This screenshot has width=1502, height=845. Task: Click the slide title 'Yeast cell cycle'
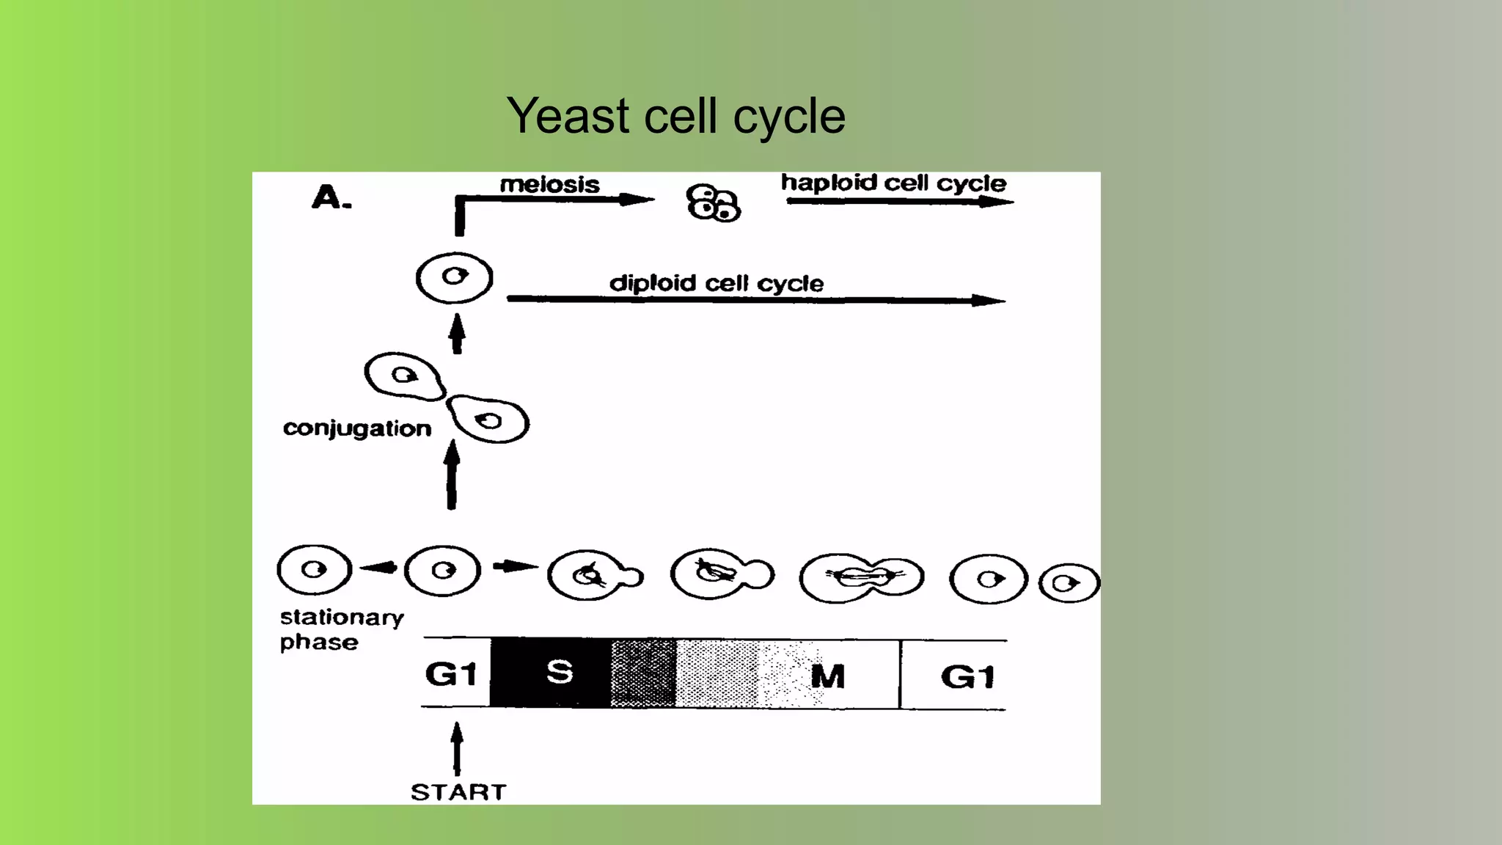[675, 116]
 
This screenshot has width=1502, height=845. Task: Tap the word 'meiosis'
[549, 184]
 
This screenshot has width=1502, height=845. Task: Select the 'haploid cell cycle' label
[893, 183]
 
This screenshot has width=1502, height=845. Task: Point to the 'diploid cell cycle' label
[717, 283]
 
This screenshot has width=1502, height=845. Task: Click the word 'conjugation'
[357, 428]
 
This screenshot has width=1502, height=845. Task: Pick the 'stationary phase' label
[341, 629]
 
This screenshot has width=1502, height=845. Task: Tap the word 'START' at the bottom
[458, 792]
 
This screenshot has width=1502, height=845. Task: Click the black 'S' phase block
[551, 673]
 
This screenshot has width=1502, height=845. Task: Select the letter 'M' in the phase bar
[827, 676]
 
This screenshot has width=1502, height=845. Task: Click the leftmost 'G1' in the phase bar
[451, 674]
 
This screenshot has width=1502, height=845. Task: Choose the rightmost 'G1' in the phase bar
[967, 676]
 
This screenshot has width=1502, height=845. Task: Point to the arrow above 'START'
[457, 748]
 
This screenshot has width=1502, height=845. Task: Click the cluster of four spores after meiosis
[713, 202]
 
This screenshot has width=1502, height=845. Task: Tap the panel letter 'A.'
[331, 197]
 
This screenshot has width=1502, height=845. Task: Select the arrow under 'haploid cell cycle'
[899, 201]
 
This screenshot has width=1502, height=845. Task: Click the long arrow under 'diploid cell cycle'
[755, 299]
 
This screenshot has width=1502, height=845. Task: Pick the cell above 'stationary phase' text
[314, 569]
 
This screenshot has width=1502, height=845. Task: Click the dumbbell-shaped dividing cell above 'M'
[862, 578]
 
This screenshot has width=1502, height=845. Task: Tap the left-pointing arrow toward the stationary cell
[378, 567]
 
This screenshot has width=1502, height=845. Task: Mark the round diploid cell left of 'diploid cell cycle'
[454, 277]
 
